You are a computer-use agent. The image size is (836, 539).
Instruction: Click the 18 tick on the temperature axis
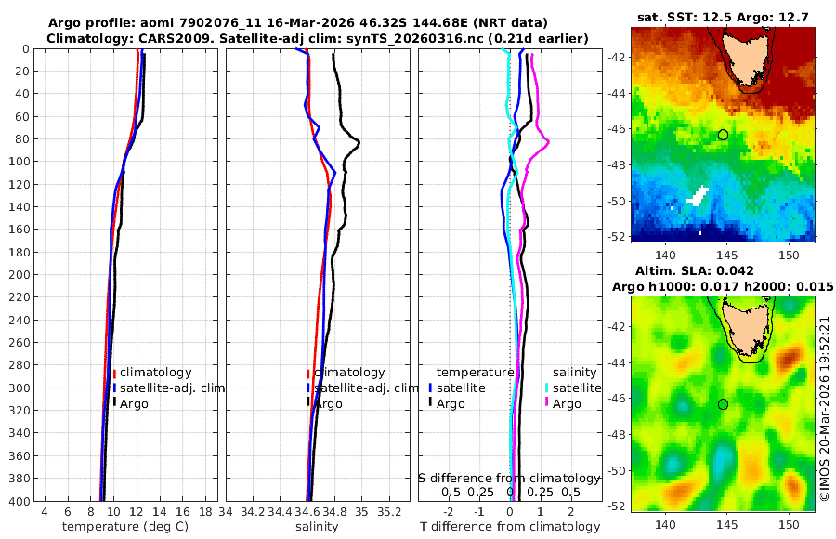(x=203, y=512)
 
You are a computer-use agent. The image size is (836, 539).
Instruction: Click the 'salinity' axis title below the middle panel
(x=317, y=527)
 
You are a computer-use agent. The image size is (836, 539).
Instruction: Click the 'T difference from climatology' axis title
(x=510, y=527)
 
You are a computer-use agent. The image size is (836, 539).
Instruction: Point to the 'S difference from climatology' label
(x=510, y=478)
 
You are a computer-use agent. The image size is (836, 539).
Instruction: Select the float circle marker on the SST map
(x=723, y=135)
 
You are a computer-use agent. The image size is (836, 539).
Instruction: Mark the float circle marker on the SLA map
(x=723, y=404)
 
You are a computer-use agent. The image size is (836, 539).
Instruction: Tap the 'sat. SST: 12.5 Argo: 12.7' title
(x=723, y=18)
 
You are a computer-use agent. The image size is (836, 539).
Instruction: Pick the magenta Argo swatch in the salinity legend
(x=547, y=403)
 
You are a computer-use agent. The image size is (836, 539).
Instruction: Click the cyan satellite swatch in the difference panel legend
(x=547, y=388)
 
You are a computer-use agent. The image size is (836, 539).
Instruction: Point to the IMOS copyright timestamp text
(x=825, y=409)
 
